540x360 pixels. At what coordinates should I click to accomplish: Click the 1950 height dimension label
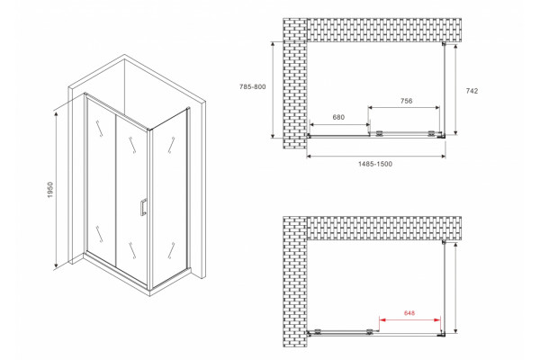[x=50, y=190]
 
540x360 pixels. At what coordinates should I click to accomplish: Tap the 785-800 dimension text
[x=253, y=86]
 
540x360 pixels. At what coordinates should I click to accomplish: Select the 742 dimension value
[x=472, y=91]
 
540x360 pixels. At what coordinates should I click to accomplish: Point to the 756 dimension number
[x=407, y=101]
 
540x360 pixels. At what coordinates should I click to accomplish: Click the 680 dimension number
[x=338, y=117]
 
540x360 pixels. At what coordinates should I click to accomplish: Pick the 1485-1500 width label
[x=375, y=164]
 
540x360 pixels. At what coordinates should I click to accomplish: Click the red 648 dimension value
[x=409, y=313]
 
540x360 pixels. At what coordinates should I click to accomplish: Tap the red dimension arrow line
[x=409, y=320]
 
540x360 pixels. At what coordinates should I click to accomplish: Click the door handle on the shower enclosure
[x=143, y=207]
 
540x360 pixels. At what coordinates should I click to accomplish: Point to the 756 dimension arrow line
[x=404, y=107]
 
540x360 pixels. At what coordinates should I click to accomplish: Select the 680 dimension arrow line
[x=340, y=124]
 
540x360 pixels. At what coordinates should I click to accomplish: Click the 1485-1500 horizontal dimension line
[x=376, y=157]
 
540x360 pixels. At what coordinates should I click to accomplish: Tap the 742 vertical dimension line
[x=455, y=90]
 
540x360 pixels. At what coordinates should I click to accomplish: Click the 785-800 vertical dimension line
[x=273, y=90]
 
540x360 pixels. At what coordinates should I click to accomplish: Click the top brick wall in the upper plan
[x=384, y=30]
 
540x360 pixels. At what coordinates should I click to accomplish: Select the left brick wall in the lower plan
[x=295, y=282]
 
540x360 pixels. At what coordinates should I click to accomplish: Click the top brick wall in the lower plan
[x=384, y=228]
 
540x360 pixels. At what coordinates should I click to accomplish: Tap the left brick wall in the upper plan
[x=295, y=84]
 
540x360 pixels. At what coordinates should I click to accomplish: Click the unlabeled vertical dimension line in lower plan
[x=455, y=288]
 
